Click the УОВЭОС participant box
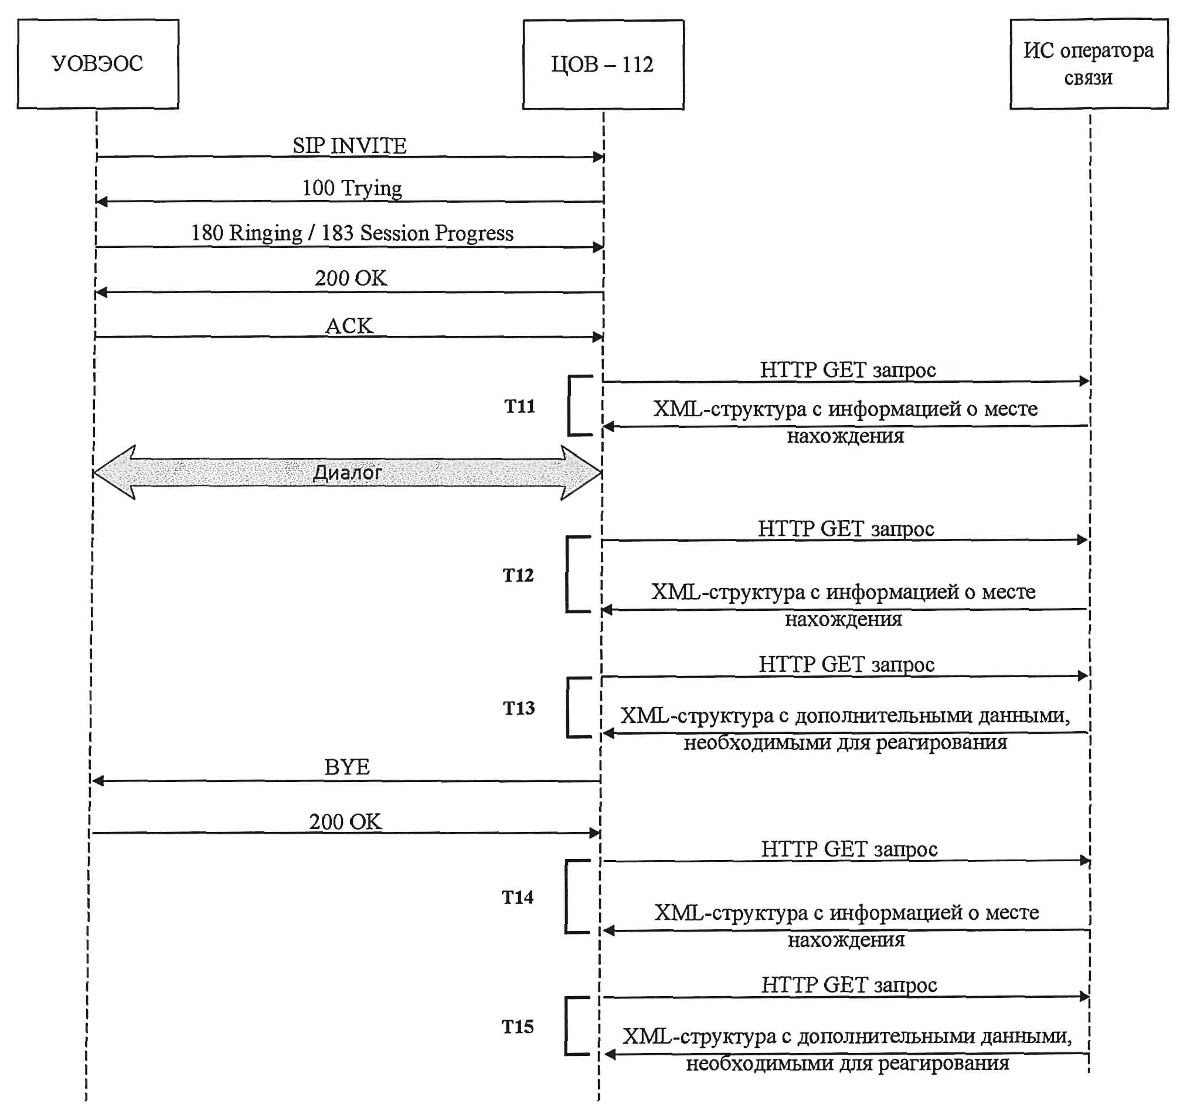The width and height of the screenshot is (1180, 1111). click(x=98, y=64)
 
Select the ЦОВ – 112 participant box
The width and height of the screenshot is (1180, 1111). click(x=603, y=64)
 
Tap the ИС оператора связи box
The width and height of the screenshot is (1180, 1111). click(x=1089, y=64)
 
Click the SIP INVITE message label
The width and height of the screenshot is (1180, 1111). click(x=349, y=145)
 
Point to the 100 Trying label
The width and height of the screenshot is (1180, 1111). click(x=352, y=188)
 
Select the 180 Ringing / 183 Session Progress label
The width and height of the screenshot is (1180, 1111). click(x=352, y=233)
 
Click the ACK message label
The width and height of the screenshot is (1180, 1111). click(x=349, y=326)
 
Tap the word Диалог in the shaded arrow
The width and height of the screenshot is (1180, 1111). click(x=347, y=473)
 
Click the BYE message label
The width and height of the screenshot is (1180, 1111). click(x=347, y=767)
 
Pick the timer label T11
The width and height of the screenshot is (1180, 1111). click(x=519, y=406)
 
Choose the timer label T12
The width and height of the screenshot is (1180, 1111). click(x=518, y=575)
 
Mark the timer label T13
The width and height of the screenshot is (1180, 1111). click(x=519, y=708)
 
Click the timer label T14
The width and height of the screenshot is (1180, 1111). click(x=518, y=896)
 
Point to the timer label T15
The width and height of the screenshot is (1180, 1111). click(x=518, y=1027)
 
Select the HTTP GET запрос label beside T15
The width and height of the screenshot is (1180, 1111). click(x=849, y=985)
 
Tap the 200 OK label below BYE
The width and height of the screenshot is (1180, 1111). click(x=345, y=822)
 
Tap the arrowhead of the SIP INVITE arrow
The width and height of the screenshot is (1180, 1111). click(x=598, y=157)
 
